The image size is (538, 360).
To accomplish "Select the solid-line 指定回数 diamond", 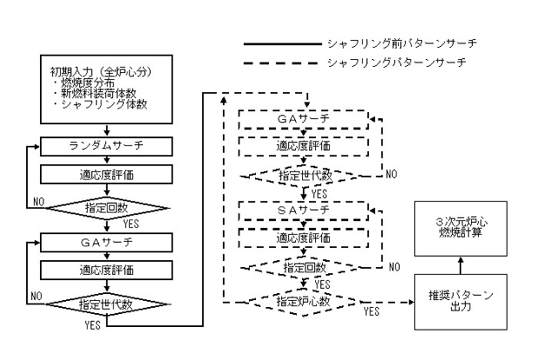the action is pyautogui.click(x=107, y=208).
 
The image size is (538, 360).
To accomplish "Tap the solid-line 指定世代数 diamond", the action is pyautogui.click(x=107, y=304).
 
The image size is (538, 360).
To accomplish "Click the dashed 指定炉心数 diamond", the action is pyautogui.click(x=304, y=302).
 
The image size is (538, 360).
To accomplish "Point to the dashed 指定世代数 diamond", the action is pyautogui.click(x=304, y=176).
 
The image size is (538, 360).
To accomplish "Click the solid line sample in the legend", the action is pyautogui.click(x=283, y=44).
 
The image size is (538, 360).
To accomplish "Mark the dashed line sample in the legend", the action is pyautogui.click(x=280, y=63).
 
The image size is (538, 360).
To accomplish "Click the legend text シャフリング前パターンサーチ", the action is pyautogui.click(x=402, y=43).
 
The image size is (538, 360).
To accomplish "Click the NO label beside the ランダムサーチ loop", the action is pyautogui.click(x=39, y=201).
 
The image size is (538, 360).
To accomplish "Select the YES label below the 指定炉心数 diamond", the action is pyautogui.click(x=371, y=311).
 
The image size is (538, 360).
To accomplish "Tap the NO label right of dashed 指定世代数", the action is pyautogui.click(x=391, y=173).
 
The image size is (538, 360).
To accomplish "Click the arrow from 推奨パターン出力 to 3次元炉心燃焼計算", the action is pyautogui.click(x=461, y=265).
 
